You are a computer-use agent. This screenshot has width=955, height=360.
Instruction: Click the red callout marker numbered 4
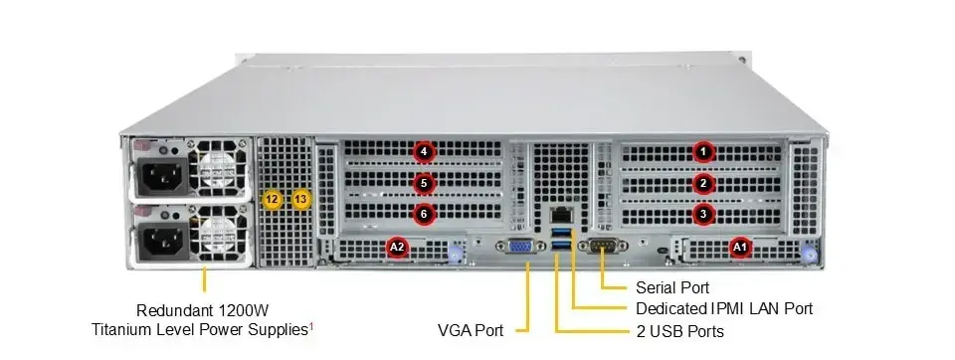tap(425, 151)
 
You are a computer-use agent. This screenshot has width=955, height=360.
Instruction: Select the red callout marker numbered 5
tap(425, 183)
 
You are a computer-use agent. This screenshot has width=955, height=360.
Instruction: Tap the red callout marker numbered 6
tap(425, 214)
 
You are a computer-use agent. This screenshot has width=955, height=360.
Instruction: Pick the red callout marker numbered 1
tap(704, 151)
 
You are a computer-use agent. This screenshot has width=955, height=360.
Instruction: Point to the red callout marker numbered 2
tap(704, 183)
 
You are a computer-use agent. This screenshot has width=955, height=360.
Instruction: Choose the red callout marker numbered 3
tap(704, 214)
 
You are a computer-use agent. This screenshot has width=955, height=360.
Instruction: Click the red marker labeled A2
tap(397, 246)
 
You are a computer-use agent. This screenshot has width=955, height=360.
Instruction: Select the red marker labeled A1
tap(739, 247)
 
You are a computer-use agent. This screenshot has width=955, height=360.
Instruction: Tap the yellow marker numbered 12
tap(273, 199)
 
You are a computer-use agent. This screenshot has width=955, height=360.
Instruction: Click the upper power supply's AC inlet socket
tap(161, 179)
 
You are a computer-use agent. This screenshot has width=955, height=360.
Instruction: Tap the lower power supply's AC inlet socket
tap(161, 241)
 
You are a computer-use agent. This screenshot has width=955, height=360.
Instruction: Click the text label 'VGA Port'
tap(471, 329)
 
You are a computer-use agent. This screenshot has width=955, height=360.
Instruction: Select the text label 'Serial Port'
tap(677, 287)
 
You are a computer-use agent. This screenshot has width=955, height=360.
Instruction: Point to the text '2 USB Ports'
tap(679, 330)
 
